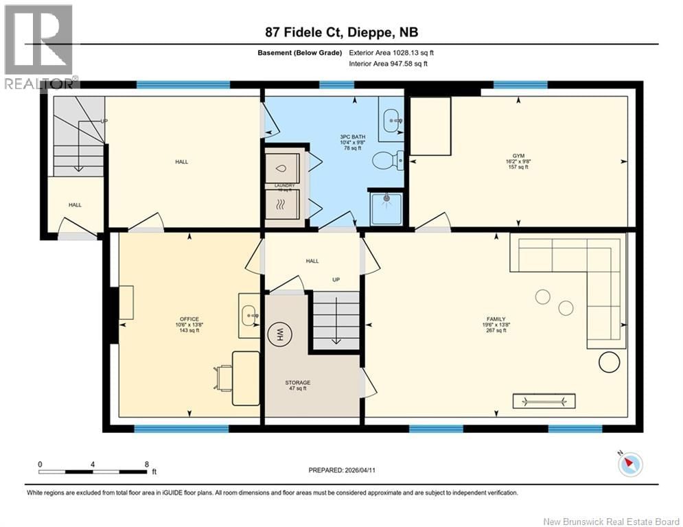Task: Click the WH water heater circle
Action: tap(280, 335)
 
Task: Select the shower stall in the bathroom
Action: tap(386, 209)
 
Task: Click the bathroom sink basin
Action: tap(392, 120)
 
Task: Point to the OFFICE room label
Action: tap(189, 319)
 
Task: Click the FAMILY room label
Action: tap(496, 319)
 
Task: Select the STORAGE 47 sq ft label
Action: tap(298, 386)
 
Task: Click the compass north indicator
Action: tap(629, 464)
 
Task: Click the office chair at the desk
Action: tap(224, 377)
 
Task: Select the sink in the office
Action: tap(249, 315)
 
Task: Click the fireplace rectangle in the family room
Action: tap(544, 401)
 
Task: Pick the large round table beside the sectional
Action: tap(609, 362)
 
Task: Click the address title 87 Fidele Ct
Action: tap(341, 32)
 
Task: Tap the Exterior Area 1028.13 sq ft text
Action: tap(391, 52)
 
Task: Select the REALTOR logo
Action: tap(39, 47)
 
